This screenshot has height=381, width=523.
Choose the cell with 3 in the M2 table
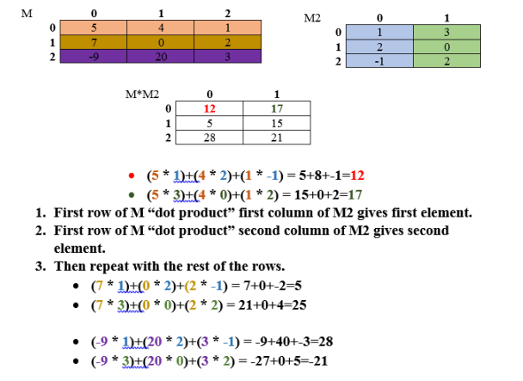click(446, 33)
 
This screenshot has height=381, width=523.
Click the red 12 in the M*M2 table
click(209, 108)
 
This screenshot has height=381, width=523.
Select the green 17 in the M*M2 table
click(276, 108)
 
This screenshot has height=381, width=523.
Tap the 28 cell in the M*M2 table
click(209, 138)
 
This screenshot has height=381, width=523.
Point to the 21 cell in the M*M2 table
click(276, 138)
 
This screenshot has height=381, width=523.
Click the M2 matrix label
click(312, 18)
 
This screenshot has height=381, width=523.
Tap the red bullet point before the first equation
click(129, 172)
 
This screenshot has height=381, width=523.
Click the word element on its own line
click(78, 248)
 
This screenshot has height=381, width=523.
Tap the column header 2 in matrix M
click(227, 14)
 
